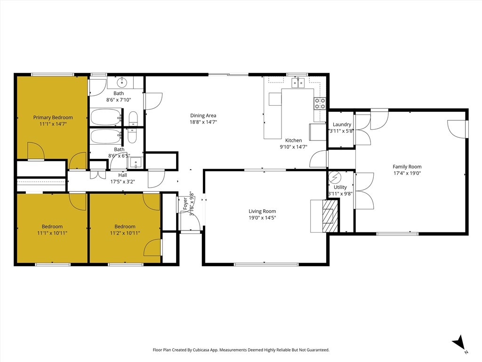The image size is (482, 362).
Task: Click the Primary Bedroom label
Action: tap(53, 117)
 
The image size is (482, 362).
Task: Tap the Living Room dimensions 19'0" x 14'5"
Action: tap(262, 218)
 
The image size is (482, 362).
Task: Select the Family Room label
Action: tap(407, 166)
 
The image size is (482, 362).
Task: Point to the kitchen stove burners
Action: tap(320, 103)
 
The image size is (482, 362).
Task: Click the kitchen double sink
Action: tap(297, 83)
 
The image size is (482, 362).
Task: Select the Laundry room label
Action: tap(342, 124)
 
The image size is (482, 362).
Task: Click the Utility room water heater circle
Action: tap(334, 177)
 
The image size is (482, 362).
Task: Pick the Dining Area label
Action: tap(203, 115)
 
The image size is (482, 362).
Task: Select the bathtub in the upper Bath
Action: tap(105, 117)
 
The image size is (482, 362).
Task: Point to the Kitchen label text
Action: tap(293, 140)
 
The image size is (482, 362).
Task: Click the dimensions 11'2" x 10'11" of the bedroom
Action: tap(125, 233)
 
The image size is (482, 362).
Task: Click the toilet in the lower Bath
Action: tap(132, 136)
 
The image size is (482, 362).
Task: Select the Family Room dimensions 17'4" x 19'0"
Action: tap(407, 173)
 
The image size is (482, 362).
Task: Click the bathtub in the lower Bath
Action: tap(105, 136)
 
